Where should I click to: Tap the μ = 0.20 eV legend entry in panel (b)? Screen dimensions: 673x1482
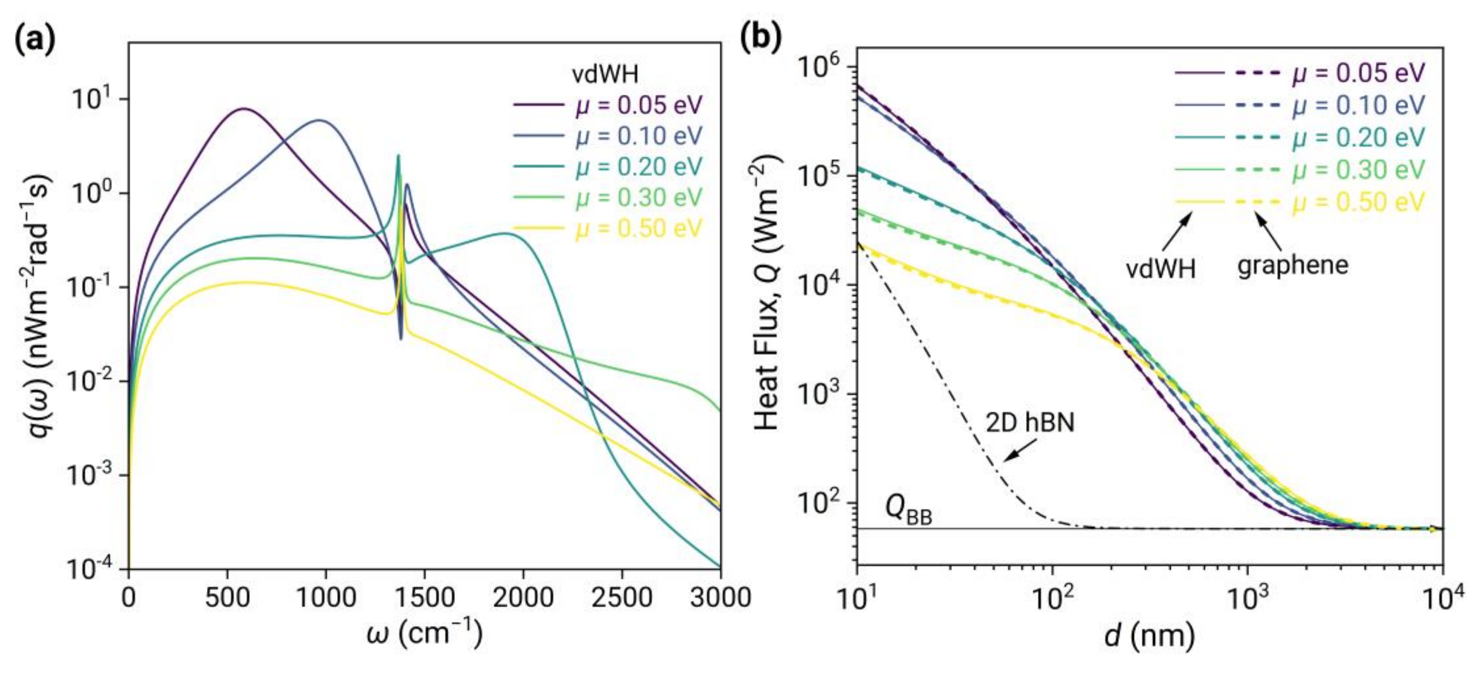coord(1358,138)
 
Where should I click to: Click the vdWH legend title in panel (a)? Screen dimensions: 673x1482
coord(605,74)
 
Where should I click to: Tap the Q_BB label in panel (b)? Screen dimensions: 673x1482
coord(908,510)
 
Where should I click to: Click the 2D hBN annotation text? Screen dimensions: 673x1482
coord(1030,423)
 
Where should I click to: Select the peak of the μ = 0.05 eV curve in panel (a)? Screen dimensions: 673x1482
coord(244,108)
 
